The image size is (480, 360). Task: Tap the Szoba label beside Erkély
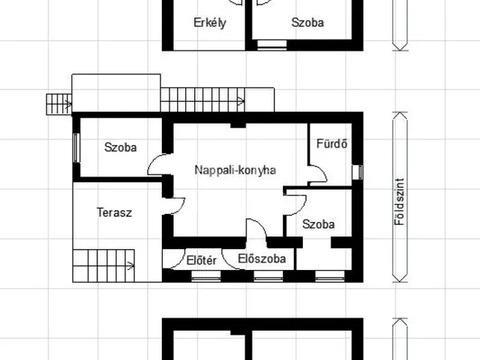(x=307, y=22)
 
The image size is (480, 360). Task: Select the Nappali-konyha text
(x=235, y=170)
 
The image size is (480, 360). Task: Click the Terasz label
(x=114, y=212)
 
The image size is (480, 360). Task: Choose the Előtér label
(x=201, y=260)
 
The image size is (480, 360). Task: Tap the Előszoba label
(x=261, y=259)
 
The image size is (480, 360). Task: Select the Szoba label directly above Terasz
(x=121, y=148)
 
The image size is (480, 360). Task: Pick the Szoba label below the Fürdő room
(x=318, y=223)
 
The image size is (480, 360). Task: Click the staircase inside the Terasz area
(x=104, y=264)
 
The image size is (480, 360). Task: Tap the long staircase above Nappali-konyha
(x=203, y=99)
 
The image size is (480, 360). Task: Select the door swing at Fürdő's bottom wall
(x=317, y=175)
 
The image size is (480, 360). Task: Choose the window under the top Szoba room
(x=267, y=46)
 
